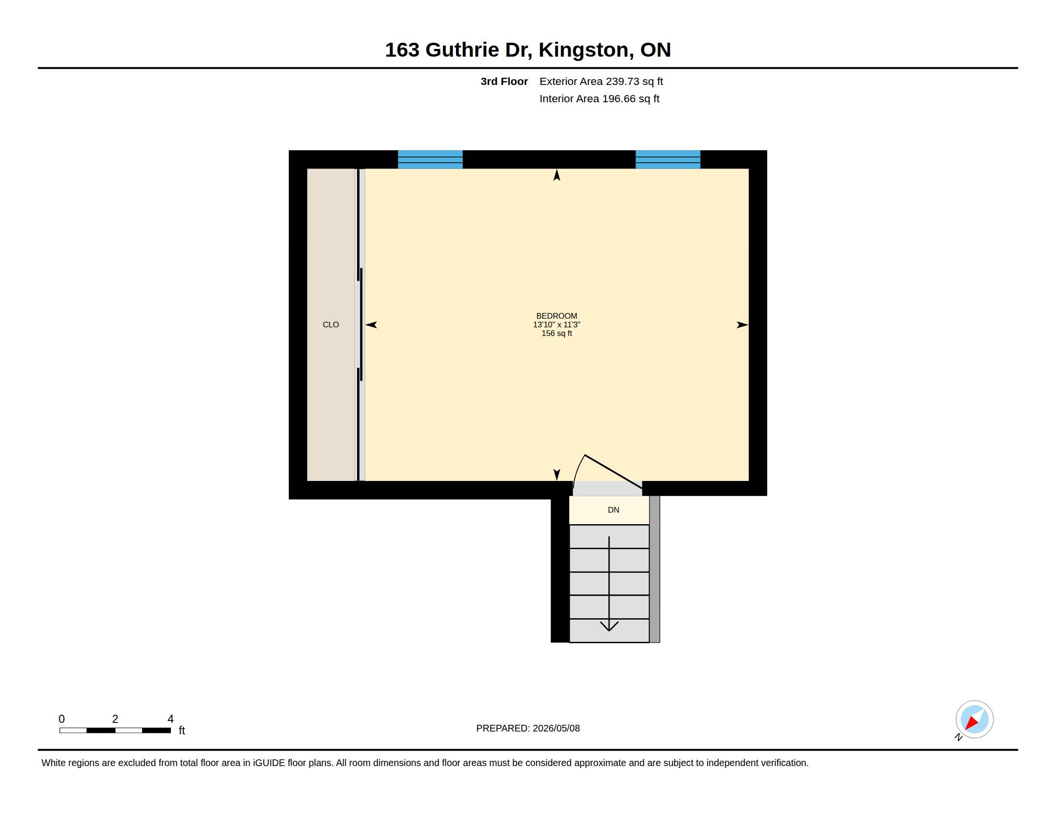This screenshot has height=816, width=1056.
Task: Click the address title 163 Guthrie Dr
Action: [x=458, y=50]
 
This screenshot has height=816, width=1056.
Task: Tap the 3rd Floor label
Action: [x=504, y=81]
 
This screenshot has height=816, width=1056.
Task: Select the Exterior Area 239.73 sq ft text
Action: [x=601, y=81]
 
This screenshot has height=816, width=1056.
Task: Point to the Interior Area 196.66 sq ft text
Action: [x=599, y=98]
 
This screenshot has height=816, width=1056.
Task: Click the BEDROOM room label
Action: [x=556, y=316]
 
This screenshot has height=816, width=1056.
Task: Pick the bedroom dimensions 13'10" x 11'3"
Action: [x=556, y=324]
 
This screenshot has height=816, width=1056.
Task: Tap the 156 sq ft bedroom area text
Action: [x=556, y=333]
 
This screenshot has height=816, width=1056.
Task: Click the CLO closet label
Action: [x=331, y=324]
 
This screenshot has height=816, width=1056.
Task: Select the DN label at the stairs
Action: [x=613, y=509]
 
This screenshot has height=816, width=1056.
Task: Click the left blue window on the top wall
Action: [x=430, y=159]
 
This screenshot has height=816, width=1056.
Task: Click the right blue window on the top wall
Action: [x=668, y=159]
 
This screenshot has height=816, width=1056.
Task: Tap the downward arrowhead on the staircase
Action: [x=609, y=626]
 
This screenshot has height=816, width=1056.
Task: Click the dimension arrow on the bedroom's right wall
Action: [x=742, y=325]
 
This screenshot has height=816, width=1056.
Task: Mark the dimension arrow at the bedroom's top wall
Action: [x=556, y=175]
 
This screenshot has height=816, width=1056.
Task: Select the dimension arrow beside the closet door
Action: [x=371, y=325]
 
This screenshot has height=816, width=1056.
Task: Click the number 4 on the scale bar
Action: [x=170, y=719]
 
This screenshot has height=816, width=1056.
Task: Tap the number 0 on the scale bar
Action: [x=61, y=719]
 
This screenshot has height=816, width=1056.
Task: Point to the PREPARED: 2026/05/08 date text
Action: [x=528, y=728]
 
